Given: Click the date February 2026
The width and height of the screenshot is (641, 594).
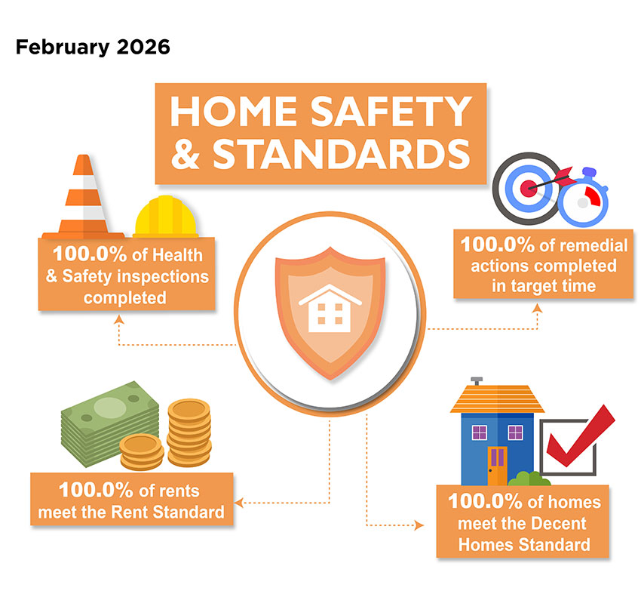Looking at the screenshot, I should (x=93, y=48).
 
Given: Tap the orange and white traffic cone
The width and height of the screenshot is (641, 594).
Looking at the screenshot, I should (x=82, y=200).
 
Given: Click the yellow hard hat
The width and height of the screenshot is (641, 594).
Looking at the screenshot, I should (x=166, y=220).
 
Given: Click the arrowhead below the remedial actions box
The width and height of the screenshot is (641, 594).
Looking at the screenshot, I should (x=538, y=309).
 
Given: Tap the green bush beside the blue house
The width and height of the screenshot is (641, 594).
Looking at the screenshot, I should (x=528, y=479).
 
